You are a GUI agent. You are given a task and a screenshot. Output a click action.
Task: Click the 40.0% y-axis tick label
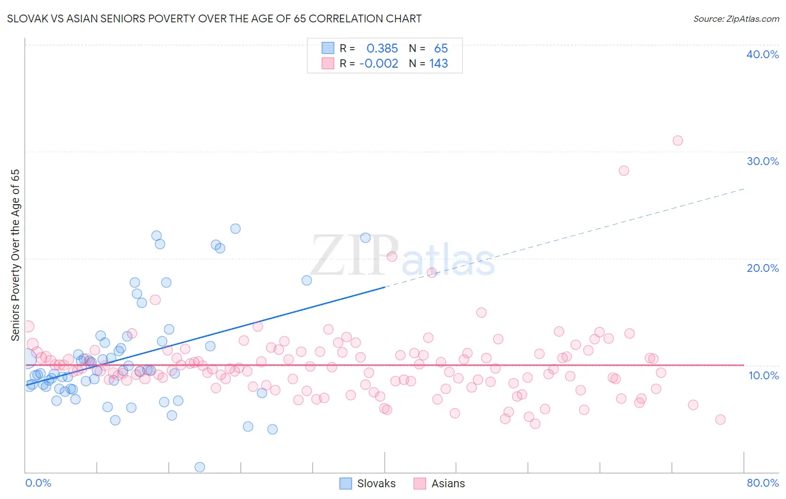(763, 54)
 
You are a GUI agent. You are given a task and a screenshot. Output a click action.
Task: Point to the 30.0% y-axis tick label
(763, 161)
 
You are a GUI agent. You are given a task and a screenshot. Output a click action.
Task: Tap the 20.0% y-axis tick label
(763, 268)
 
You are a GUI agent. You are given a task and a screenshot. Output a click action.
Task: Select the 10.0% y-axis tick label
(764, 375)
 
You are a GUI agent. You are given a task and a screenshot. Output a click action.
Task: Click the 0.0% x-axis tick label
(38, 483)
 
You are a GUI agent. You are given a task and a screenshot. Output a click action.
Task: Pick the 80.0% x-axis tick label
(763, 483)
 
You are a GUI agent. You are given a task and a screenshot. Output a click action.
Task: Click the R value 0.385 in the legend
(382, 48)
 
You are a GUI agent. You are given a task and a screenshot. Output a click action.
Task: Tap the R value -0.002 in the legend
(378, 63)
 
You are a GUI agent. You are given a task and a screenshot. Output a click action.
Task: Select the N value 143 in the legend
(438, 63)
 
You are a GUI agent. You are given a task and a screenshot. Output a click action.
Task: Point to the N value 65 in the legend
(441, 48)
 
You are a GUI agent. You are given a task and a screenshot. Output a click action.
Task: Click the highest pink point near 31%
(678, 140)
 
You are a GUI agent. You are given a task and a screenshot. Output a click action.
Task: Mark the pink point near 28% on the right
(624, 171)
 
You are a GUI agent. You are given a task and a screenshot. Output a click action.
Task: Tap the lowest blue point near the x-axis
(200, 467)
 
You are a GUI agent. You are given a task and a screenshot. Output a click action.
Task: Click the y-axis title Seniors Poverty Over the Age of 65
(16, 255)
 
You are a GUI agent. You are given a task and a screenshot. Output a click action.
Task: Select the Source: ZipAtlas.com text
(736, 18)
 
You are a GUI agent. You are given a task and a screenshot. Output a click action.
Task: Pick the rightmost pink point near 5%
(720, 420)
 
